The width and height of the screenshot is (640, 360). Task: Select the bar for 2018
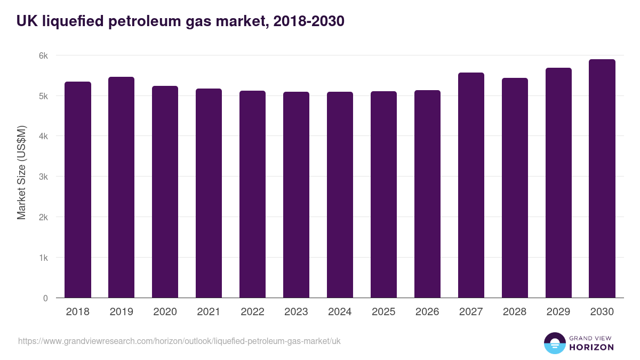(78, 190)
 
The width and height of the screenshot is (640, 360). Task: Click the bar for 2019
(122, 187)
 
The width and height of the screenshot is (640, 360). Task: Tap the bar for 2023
(296, 195)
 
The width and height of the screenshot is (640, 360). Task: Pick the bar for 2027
(471, 185)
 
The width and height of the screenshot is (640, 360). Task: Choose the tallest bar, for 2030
(602, 179)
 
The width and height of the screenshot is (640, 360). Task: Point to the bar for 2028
(515, 188)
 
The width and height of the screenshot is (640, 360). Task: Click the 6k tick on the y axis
(43, 55)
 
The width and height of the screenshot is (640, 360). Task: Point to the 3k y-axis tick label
(43, 177)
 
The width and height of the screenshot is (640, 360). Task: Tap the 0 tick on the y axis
(45, 298)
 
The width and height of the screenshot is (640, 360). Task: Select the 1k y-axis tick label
(43, 258)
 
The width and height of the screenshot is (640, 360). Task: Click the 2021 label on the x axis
(209, 312)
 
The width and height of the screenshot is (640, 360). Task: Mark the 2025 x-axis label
(383, 312)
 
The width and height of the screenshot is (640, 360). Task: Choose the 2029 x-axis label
(558, 312)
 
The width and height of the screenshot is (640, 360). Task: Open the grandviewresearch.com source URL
(179, 341)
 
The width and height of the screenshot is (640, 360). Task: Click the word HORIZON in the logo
(592, 347)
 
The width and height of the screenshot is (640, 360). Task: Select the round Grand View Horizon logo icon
(555, 343)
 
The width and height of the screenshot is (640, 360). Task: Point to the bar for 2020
(165, 192)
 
